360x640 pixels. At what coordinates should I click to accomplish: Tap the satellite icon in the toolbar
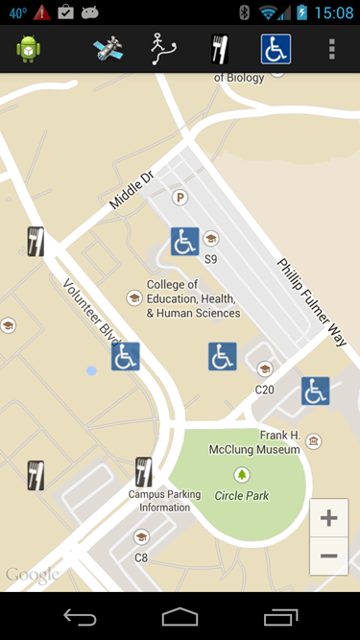(108, 49)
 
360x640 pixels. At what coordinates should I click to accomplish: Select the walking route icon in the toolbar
(162, 49)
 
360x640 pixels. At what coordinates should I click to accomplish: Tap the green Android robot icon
(28, 49)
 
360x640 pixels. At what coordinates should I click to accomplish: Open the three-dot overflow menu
(332, 49)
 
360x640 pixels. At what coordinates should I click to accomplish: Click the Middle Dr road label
(132, 189)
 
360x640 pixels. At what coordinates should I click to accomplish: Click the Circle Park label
(241, 496)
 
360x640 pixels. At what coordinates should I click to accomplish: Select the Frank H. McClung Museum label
(266, 441)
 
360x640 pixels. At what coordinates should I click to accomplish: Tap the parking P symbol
(179, 198)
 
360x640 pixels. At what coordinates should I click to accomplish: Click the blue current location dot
(91, 370)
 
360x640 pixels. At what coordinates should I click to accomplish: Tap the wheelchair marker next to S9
(185, 241)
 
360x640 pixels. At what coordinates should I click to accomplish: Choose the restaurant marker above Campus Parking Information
(144, 471)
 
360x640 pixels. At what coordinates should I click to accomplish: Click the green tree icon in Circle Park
(242, 474)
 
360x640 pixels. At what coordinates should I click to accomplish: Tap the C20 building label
(265, 390)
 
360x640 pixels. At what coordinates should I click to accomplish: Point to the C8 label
(141, 557)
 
